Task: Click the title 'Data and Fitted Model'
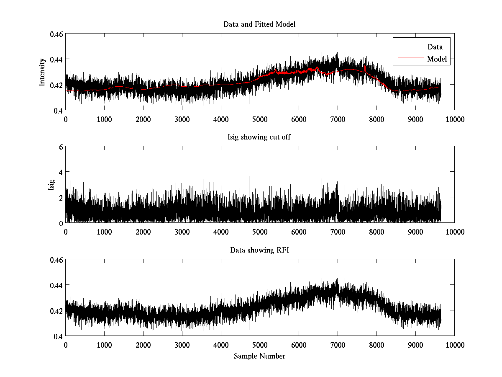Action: pos(259,24)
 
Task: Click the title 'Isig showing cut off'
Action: pos(259,137)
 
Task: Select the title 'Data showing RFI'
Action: pos(259,250)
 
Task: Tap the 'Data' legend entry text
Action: pos(435,47)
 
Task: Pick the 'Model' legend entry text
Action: pos(437,59)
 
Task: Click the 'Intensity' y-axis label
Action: pos(42,72)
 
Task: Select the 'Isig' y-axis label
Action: pos(51,185)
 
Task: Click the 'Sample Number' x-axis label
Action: pos(259,356)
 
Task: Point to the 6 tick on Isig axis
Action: pos(61,147)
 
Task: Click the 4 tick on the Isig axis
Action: pos(61,172)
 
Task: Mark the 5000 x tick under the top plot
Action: pos(260,119)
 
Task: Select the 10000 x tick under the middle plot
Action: pos(454,232)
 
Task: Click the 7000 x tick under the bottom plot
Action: pos(338,345)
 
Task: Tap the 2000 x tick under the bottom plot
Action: pos(143,345)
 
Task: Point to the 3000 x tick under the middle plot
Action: pos(182,232)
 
